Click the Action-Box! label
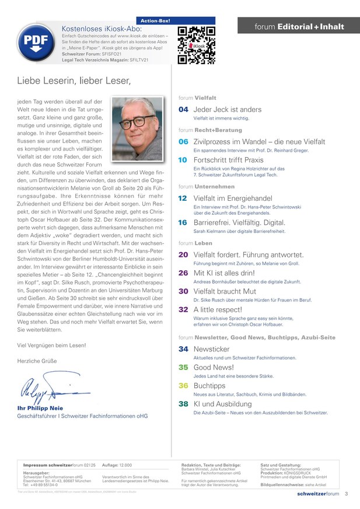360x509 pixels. pyautogui.click(x=156, y=20)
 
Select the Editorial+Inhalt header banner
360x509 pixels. pyautogui.click(x=299, y=27)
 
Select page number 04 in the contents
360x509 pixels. pyautogui.click(x=183, y=109)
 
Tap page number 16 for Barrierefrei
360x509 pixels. pyautogui.click(x=183, y=222)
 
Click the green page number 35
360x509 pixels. pyautogui.click(x=183, y=367)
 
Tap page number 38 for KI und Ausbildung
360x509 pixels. pyautogui.click(x=183, y=404)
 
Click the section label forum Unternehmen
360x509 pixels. pyautogui.click(x=207, y=186)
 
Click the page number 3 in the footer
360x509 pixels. pyautogui.click(x=346, y=494)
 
